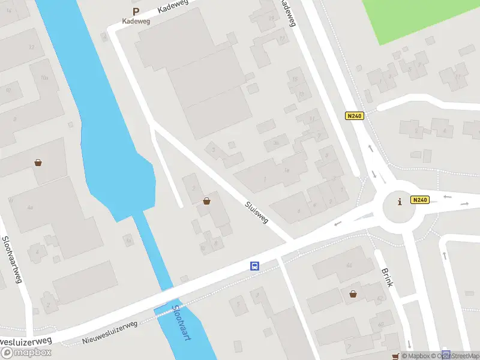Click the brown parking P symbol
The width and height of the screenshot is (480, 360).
pos(136,11)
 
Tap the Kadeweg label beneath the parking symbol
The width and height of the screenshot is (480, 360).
pos(136,21)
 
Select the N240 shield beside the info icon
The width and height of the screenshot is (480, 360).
pos(419,200)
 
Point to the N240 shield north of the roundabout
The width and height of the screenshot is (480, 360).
pos(354,116)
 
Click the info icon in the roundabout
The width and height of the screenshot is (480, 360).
pos(400,202)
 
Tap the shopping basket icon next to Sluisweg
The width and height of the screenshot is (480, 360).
pos(207,201)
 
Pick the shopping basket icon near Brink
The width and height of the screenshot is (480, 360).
pos(353,293)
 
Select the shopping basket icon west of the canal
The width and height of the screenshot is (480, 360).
pos(38,162)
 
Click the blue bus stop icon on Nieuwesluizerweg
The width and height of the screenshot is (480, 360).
pos(255,266)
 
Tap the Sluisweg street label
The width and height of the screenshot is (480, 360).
pos(256,213)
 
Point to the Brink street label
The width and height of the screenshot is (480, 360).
pos(386,277)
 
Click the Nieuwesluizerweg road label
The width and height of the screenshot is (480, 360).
pos(110,332)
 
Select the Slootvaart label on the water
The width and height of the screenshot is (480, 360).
pos(181,324)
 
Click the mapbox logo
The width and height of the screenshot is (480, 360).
pos(26,352)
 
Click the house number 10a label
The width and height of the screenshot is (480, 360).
pos(44,78)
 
